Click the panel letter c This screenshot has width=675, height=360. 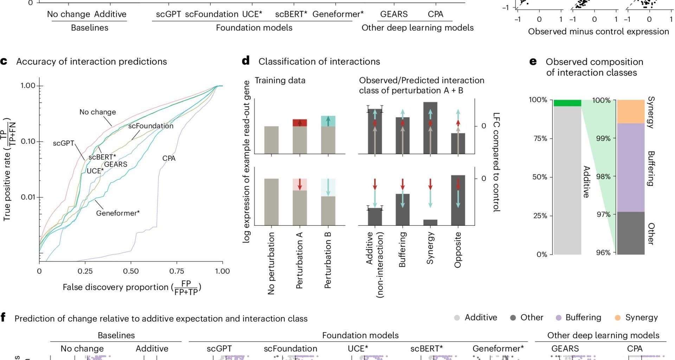coord(4,62)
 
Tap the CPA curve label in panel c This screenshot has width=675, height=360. coord(169,158)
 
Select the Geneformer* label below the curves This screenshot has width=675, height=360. coord(118,213)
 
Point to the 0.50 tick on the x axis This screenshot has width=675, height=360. coord(131,271)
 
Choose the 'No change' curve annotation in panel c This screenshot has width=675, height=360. coord(97,112)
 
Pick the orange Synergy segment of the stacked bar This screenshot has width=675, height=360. coord(631,111)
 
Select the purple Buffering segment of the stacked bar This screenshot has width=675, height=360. coord(631,167)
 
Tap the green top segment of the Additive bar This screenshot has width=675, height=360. coord(567,103)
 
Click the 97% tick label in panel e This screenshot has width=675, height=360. coord(603,214)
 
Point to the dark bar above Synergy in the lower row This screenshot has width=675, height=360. coord(430,222)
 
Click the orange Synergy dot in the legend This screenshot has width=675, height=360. coord(617,318)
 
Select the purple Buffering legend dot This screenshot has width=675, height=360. coord(558,318)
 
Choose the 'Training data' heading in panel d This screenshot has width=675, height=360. coord(280,81)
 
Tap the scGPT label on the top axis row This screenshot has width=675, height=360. coord(168,14)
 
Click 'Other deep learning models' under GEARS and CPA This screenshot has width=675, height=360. coord(417,28)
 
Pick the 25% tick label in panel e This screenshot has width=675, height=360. coord(540,216)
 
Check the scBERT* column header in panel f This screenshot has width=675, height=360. coord(426,348)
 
